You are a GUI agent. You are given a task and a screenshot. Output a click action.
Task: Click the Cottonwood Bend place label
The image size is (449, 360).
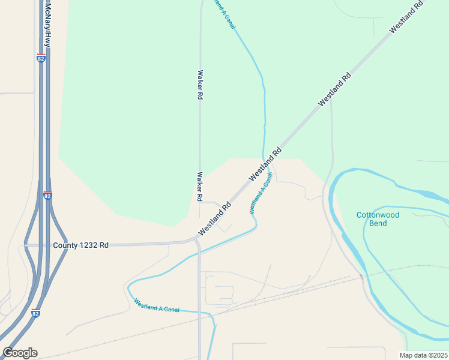pos(378,219)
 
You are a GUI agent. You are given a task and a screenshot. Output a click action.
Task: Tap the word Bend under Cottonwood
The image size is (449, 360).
pos(378,223)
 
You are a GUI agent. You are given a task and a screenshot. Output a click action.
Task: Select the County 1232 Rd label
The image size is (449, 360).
pos(80,245)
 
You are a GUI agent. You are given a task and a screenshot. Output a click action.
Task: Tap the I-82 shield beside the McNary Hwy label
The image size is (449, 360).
pos(40,58)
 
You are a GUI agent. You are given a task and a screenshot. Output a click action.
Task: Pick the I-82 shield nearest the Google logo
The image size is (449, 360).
pos(36,313)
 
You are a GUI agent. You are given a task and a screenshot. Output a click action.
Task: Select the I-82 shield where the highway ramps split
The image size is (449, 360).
pos(48,196)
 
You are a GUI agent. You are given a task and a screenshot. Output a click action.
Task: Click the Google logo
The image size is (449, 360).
pos(20,353)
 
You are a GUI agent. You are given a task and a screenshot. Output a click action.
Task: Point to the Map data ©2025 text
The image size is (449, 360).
pos(423,355)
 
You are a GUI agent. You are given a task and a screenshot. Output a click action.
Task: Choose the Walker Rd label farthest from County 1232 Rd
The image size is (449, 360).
pos(199,85)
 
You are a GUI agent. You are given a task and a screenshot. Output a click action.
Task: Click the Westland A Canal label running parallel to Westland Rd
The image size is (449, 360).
pos(261,194)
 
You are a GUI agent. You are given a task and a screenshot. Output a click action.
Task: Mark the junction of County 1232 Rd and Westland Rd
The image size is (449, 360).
pos(197,239)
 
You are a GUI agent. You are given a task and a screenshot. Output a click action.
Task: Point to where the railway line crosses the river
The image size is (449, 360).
pos(361,277)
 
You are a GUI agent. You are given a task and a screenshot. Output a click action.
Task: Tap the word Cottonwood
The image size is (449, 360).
pos(378,215)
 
